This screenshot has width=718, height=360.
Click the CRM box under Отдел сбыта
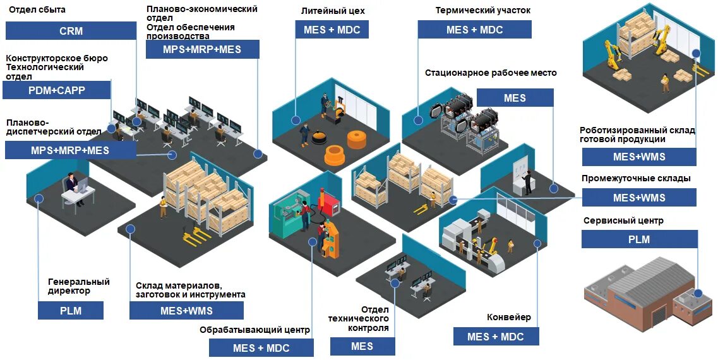pos(71,31)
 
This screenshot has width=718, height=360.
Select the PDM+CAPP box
pos(57,90)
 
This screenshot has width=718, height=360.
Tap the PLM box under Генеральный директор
pos(71,311)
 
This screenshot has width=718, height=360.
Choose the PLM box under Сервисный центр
pos(639,239)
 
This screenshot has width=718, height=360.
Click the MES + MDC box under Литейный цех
pos(332,30)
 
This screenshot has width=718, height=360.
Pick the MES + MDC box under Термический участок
pos(474,30)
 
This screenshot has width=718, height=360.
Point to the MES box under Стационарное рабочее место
pos(515,98)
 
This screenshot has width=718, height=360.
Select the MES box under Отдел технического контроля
pos(362,346)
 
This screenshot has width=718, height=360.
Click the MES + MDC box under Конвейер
pos(496,337)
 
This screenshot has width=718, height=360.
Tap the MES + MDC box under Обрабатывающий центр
pos(261,348)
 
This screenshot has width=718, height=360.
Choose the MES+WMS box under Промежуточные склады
pos(639,198)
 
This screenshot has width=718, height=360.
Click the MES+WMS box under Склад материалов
pos(186,311)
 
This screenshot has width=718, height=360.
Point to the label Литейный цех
pos(333,11)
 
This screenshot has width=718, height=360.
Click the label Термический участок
pos(483,11)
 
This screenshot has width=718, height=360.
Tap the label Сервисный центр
pos(623,221)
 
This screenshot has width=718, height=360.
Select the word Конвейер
pos(509,317)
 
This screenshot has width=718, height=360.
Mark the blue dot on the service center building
pos(698,293)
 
